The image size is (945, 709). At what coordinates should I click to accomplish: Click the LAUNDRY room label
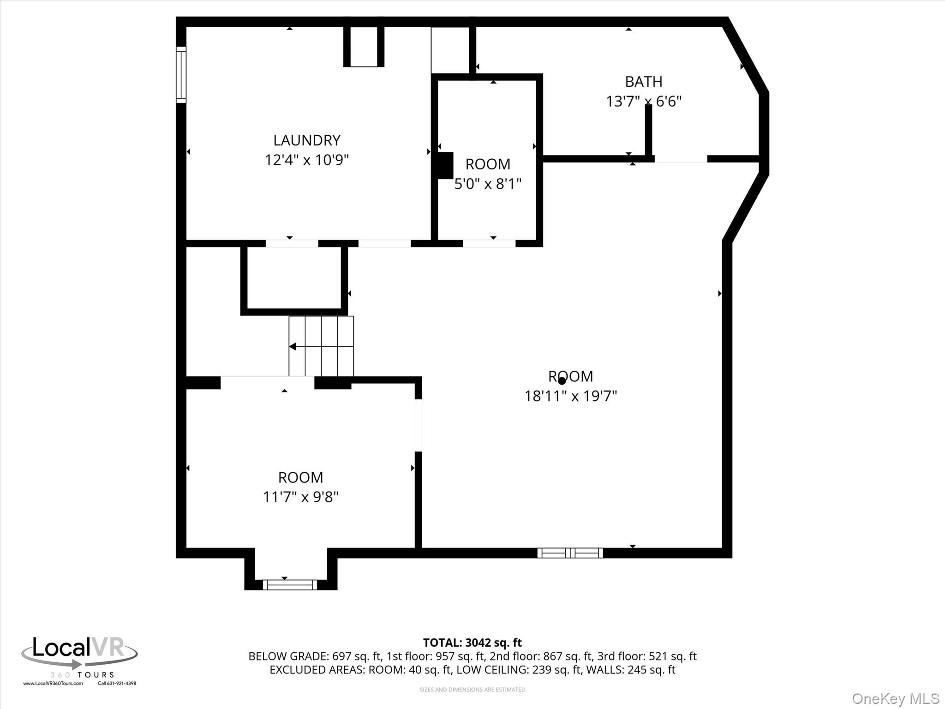click(x=307, y=140)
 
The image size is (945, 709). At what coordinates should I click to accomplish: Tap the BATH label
click(x=644, y=82)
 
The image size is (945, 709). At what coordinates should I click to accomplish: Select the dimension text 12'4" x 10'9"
click(x=307, y=160)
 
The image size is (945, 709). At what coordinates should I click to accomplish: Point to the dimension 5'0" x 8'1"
click(x=488, y=184)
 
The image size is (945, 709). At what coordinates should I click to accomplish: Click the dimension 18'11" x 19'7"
click(x=571, y=396)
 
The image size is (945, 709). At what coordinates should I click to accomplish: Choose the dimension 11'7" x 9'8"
click(x=301, y=497)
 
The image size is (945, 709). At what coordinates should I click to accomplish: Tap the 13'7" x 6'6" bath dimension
click(x=644, y=102)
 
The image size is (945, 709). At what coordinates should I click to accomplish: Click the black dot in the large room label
click(x=562, y=381)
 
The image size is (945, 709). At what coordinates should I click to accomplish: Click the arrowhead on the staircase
click(x=293, y=346)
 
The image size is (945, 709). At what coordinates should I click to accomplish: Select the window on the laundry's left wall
click(x=181, y=75)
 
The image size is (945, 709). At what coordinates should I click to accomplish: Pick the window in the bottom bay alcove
click(x=290, y=585)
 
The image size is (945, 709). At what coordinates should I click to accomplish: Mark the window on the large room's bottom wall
click(x=570, y=553)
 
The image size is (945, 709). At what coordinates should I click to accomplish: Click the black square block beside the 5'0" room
click(x=445, y=165)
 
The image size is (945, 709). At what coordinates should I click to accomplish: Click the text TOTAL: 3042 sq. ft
click(x=472, y=643)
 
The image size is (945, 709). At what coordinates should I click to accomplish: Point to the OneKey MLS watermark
click(x=896, y=699)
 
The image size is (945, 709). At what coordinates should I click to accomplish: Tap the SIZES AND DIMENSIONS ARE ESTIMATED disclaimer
click(x=472, y=690)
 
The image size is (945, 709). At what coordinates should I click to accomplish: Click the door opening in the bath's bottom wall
click(x=681, y=159)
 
